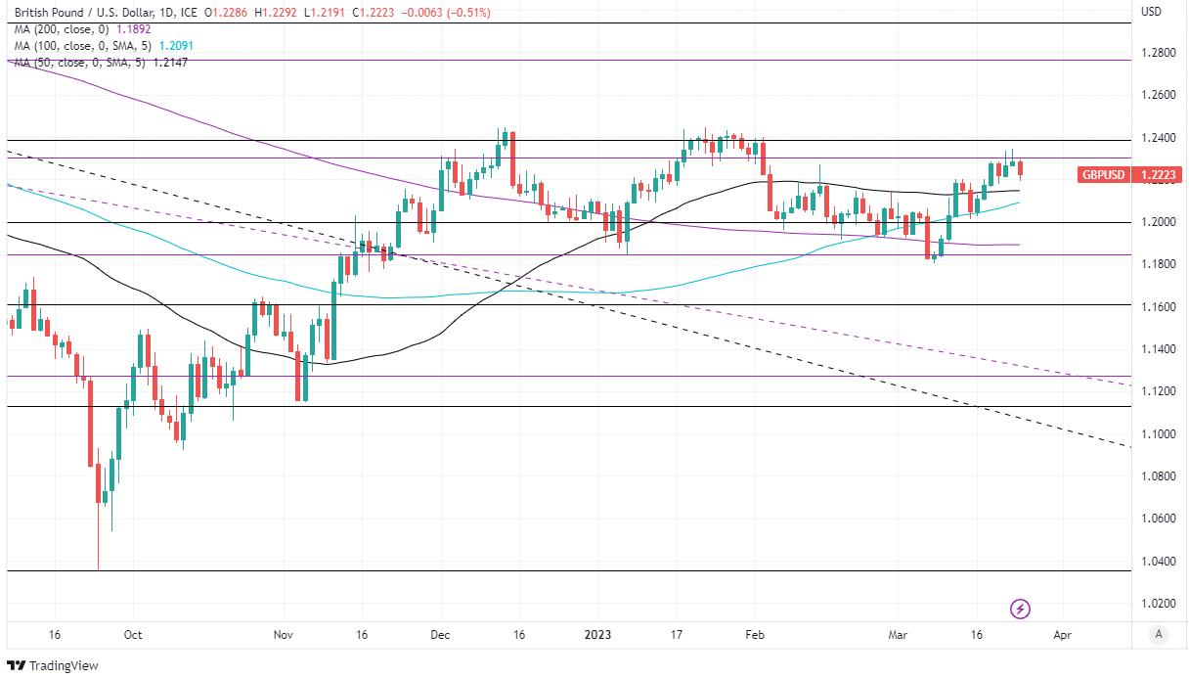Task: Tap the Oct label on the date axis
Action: pyautogui.click(x=133, y=634)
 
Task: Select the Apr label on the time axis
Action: pyautogui.click(x=1063, y=634)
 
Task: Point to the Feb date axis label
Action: pyautogui.click(x=754, y=634)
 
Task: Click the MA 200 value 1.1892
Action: pyautogui.click(x=133, y=29)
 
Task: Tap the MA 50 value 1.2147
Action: pyautogui.click(x=168, y=63)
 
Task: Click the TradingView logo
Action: pyautogui.click(x=55, y=666)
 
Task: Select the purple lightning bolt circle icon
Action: pyautogui.click(x=1021, y=609)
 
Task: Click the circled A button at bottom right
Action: pyautogui.click(x=1159, y=634)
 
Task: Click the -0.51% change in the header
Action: pyautogui.click(x=468, y=13)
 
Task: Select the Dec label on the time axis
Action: pyautogui.click(x=439, y=634)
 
